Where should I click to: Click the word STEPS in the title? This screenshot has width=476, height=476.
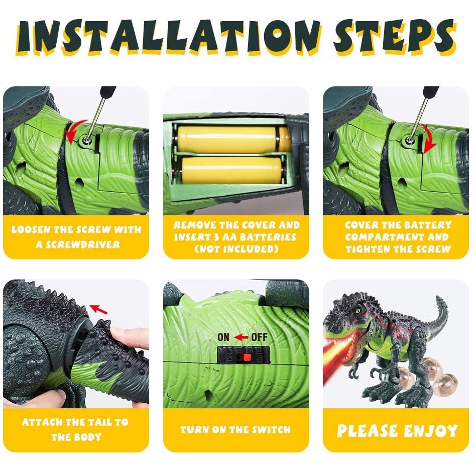(394, 37)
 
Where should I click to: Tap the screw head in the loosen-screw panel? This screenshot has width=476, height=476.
(86, 141)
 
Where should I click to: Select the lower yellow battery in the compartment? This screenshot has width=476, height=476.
(231, 170)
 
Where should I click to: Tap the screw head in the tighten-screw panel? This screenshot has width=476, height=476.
(409, 141)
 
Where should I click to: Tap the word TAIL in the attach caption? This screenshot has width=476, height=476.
(99, 422)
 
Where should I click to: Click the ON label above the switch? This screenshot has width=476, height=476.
(223, 337)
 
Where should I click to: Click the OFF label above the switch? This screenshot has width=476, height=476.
(259, 337)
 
